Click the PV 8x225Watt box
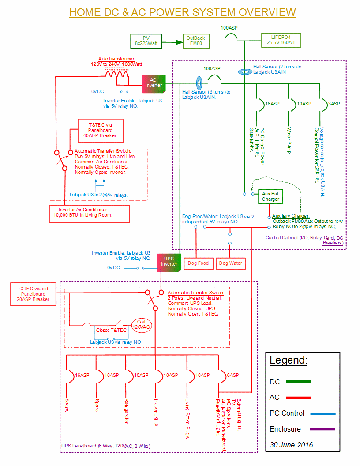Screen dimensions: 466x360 [146, 41]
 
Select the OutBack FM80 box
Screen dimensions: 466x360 [195, 41]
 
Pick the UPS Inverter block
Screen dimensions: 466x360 [169, 262]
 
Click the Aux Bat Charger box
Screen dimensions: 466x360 [270, 197]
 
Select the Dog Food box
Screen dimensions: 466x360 [198, 263]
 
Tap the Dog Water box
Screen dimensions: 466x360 [231, 263]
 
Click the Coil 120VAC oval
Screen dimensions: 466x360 [141, 325]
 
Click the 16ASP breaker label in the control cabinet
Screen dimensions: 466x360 [272, 104]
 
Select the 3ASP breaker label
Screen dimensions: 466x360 [334, 104]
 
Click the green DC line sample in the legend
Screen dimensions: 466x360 [299, 382]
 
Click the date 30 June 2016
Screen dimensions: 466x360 [291, 445]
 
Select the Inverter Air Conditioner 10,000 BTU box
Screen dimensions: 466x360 [89, 213]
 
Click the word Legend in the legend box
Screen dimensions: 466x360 [289, 360]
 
